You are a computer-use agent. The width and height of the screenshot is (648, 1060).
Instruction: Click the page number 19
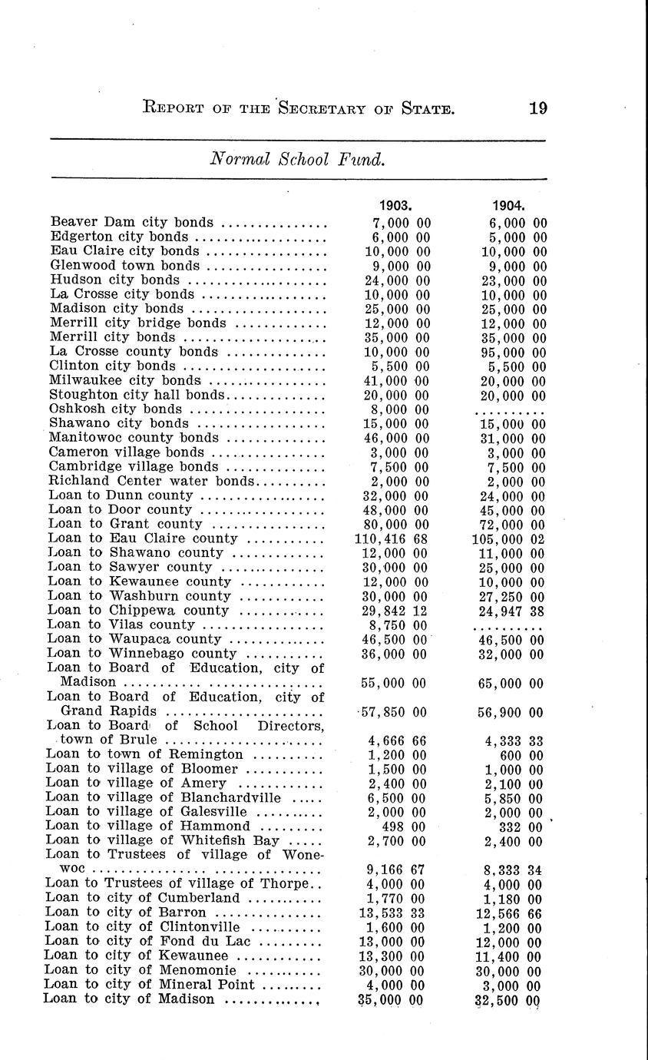tap(537, 108)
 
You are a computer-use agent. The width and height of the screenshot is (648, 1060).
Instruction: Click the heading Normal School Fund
tap(296, 160)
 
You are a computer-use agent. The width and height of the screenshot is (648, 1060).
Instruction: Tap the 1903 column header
tap(397, 205)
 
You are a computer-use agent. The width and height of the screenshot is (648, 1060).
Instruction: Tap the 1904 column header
tap(508, 205)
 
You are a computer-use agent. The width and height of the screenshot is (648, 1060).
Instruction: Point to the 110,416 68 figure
tap(391, 539)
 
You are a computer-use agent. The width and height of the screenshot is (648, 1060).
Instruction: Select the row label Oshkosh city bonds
tap(116, 409)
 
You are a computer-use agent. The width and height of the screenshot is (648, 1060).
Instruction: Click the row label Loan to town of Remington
tap(144, 755)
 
